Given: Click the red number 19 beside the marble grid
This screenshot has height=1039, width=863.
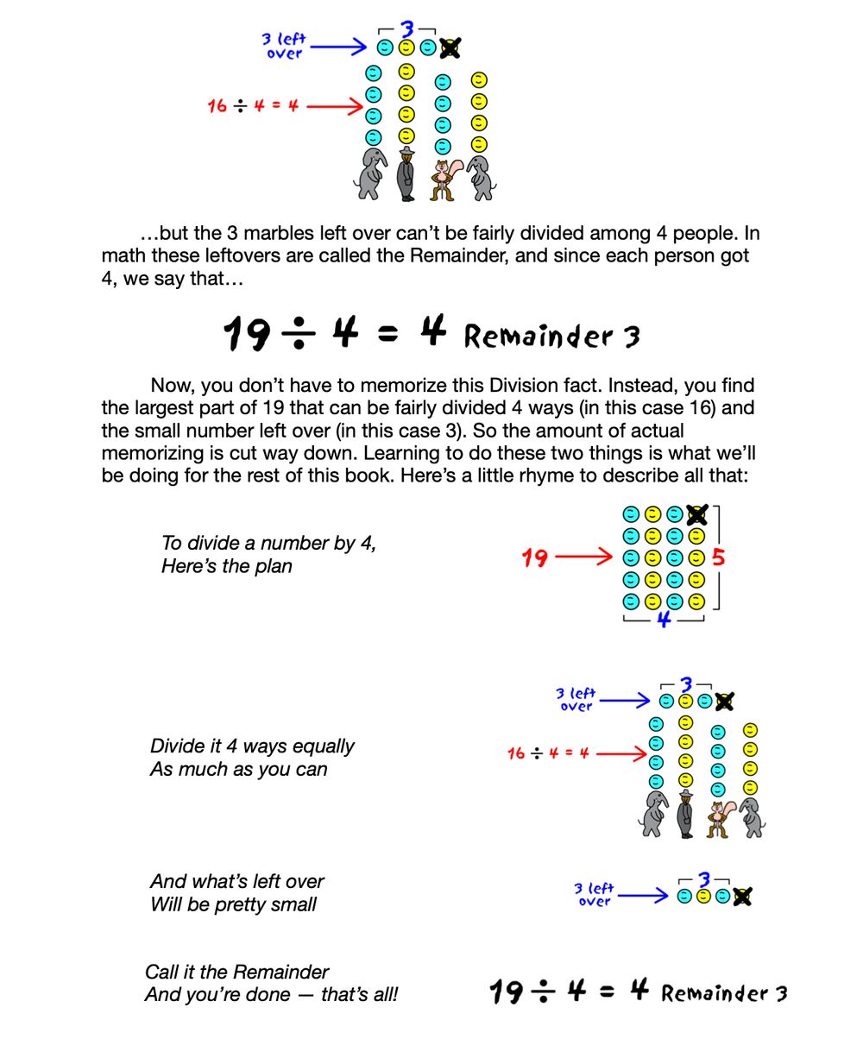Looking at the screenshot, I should [x=535, y=558].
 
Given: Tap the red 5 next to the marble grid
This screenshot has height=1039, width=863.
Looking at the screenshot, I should [x=718, y=557].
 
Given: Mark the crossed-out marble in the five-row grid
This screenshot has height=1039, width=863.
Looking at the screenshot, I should [x=696, y=515].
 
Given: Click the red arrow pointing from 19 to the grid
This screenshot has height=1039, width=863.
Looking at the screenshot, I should [x=583, y=557].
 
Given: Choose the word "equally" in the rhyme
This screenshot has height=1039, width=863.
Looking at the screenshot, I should [x=323, y=746].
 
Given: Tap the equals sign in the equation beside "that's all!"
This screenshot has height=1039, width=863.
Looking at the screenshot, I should [x=607, y=992].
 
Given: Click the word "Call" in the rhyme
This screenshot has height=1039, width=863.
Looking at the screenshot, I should [x=161, y=972].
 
